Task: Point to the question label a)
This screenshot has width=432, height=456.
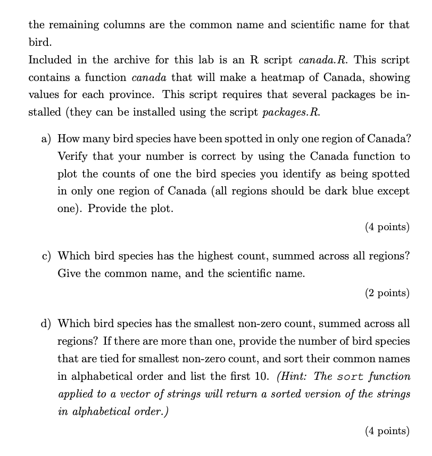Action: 46,139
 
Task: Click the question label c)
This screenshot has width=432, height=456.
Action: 46,256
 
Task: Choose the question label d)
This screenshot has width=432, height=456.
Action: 46,323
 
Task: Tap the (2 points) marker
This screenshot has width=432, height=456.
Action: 387,292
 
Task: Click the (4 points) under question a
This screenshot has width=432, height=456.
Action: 387,227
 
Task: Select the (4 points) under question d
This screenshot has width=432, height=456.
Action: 387,431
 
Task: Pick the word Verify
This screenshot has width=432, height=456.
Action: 73,156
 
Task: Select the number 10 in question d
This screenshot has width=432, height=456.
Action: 264,376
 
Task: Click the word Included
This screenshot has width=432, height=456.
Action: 51,60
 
